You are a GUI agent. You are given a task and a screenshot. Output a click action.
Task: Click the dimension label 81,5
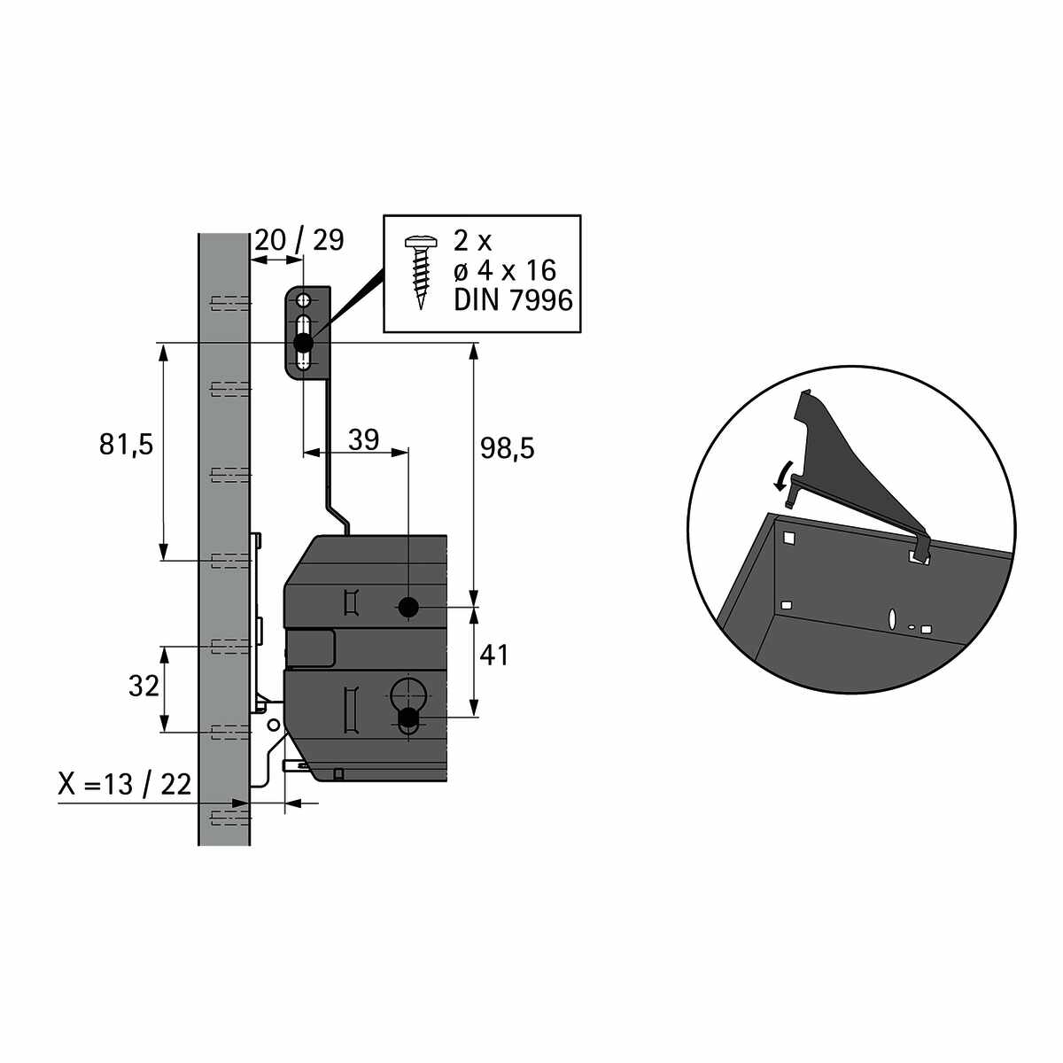click(x=126, y=445)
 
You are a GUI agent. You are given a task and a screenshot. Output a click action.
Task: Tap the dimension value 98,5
click(x=507, y=448)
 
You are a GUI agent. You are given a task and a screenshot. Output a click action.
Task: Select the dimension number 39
click(x=363, y=439)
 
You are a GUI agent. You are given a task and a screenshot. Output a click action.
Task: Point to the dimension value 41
click(x=493, y=656)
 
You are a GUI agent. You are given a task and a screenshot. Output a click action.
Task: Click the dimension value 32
click(x=144, y=687)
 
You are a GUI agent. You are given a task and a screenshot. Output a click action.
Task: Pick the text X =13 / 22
click(x=124, y=784)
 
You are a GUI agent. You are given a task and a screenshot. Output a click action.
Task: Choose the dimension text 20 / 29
click(x=299, y=239)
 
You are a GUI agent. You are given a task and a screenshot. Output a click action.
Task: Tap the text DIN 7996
click(x=513, y=301)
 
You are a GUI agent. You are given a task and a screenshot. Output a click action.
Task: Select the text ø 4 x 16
click(x=505, y=271)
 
